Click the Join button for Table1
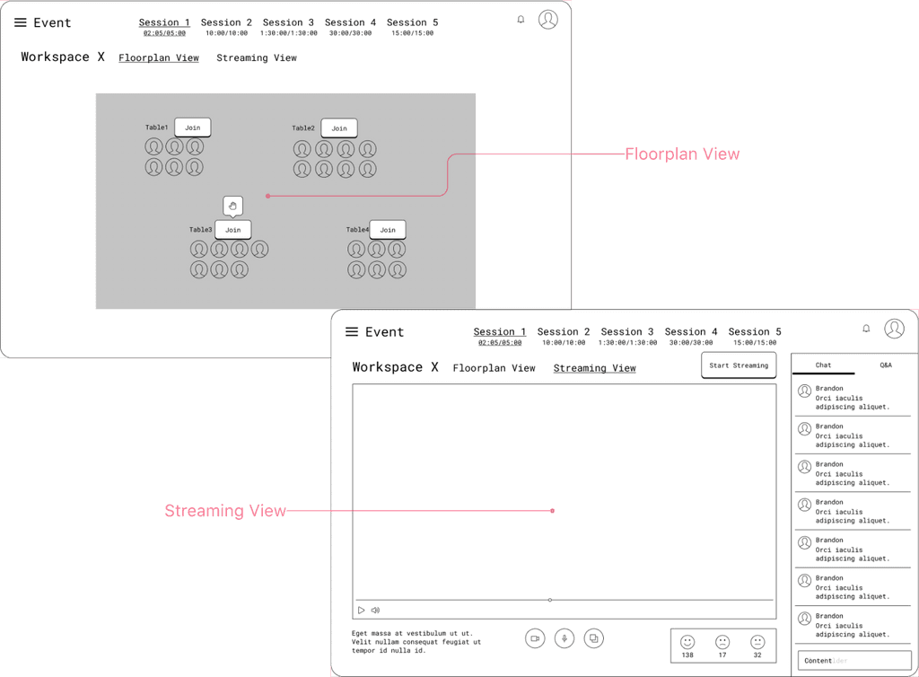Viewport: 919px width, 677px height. pyautogui.click(x=193, y=127)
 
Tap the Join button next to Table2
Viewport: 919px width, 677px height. pyautogui.click(x=339, y=128)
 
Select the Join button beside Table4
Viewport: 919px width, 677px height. pyautogui.click(x=388, y=230)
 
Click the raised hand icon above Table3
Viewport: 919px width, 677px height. pyautogui.click(x=232, y=206)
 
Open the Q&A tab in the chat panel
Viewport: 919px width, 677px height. pyautogui.click(x=886, y=365)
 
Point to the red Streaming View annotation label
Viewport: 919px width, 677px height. pyautogui.click(x=225, y=511)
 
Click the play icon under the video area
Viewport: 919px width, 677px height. pyautogui.click(x=362, y=611)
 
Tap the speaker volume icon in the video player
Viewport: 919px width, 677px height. pyautogui.click(x=375, y=611)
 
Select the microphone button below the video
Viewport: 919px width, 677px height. pyautogui.click(x=565, y=638)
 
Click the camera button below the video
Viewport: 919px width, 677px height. pyautogui.click(x=535, y=638)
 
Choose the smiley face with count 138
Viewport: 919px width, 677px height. pyautogui.click(x=687, y=642)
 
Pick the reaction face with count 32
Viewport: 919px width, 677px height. pyautogui.click(x=757, y=642)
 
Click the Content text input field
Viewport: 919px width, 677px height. pyautogui.click(x=854, y=661)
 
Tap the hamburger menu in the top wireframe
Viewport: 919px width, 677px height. pyautogui.click(x=21, y=22)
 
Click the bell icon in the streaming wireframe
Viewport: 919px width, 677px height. pyautogui.click(x=866, y=329)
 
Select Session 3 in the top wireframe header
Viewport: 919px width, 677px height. pyautogui.click(x=288, y=22)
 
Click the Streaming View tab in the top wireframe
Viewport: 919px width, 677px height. pyautogui.click(x=257, y=57)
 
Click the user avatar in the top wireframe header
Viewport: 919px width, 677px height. pyautogui.click(x=547, y=19)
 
